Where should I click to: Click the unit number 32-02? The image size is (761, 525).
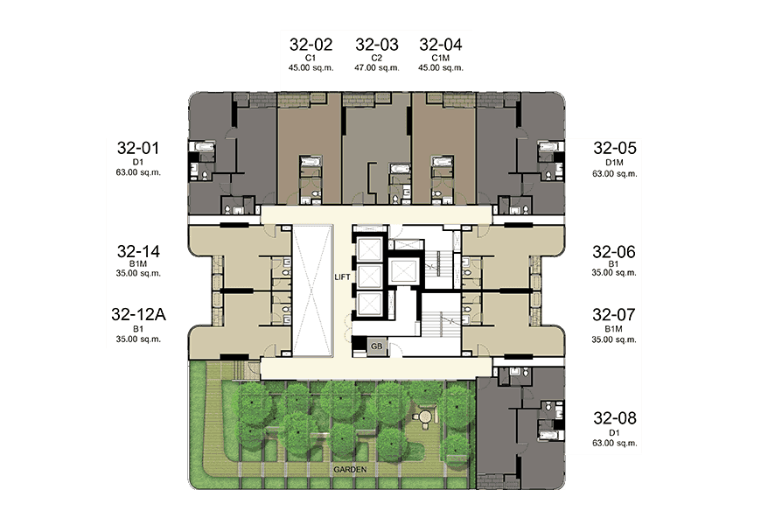coord(311,45)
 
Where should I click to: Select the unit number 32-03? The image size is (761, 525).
coord(377,45)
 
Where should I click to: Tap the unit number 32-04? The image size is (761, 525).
coord(441,45)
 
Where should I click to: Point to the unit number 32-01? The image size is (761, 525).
coord(138,148)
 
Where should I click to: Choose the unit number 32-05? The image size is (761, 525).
coord(614,148)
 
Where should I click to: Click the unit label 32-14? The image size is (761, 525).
coord(138,251)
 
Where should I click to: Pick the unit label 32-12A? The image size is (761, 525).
coord(138,314)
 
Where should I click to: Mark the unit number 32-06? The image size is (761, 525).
coord(614,252)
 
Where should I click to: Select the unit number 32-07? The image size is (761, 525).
coord(614,315)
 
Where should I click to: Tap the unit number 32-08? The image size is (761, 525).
coord(614,417)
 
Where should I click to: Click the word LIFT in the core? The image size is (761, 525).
coord(342,276)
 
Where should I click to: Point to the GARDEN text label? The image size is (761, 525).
coord(350,470)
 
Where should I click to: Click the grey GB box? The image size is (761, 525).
coord(377,346)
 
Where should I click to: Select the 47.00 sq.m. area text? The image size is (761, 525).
coord(377,67)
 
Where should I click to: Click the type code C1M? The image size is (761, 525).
coord(441,58)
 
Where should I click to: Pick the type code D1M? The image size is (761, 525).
coord(614,162)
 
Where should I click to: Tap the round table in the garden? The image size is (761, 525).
coord(426,416)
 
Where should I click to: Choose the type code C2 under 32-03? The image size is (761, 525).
coord(377,58)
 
